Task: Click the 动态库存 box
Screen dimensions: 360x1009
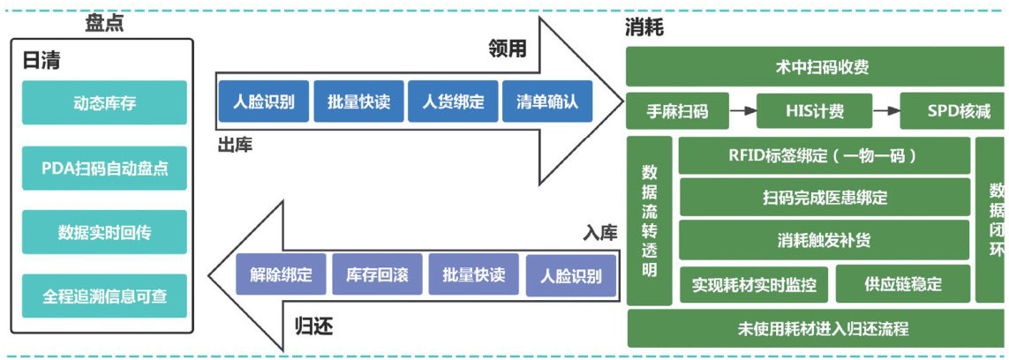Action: point(104,103)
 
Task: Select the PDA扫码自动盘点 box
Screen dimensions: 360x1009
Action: point(104,168)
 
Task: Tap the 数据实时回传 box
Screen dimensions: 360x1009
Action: point(104,232)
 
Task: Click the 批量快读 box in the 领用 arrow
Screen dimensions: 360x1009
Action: point(359,101)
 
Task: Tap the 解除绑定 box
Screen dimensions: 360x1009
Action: point(281,274)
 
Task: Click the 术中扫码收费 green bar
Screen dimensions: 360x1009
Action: point(815,66)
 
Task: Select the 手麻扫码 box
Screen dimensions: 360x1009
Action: point(678,111)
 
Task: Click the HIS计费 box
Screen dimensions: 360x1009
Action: point(814,111)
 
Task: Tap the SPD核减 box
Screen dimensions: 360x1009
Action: point(951,111)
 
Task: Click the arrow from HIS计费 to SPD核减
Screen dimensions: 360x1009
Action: point(885,111)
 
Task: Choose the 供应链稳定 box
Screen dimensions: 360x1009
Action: point(901,283)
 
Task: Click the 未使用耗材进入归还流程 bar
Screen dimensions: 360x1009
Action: point(815,329)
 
